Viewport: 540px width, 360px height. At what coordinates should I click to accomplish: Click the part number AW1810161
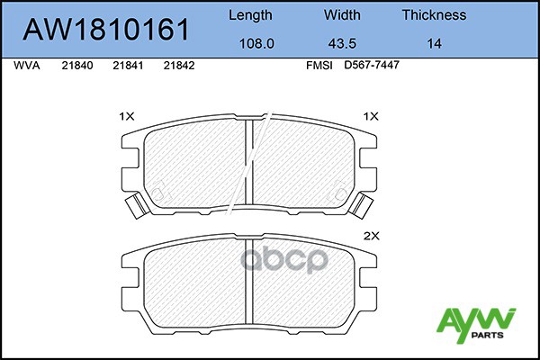106,30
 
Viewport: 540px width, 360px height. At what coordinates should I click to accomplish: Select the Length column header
250,15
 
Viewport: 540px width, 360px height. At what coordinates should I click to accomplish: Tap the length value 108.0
256,44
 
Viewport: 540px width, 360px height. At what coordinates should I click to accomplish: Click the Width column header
342,14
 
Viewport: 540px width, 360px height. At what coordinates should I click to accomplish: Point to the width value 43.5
342,44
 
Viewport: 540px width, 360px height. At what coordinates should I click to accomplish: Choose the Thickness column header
435,14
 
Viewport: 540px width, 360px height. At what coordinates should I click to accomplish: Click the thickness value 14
435,44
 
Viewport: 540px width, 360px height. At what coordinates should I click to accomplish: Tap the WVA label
26,66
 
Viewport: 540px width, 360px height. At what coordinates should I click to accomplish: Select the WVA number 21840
77,66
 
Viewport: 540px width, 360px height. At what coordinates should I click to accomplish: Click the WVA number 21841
128,66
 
